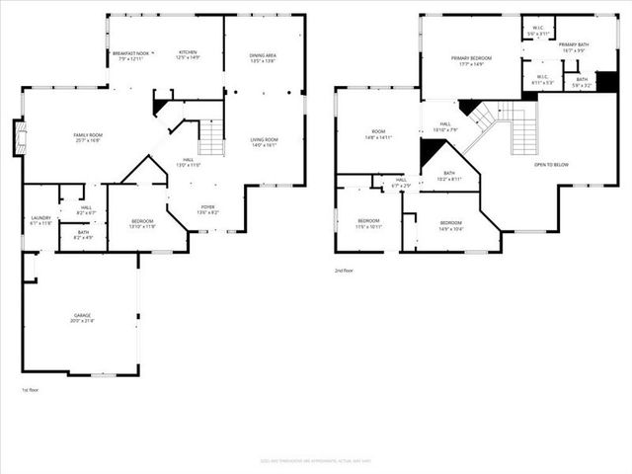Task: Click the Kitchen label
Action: click(188, 55)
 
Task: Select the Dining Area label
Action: click(263, 55)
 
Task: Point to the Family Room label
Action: click(89, 137)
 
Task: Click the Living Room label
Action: click(264, 142)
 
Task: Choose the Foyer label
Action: click(205, 209)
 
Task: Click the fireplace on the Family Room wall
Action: click(17, 137)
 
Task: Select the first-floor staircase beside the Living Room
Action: click(211, 138)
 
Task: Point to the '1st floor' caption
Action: click(30, 390)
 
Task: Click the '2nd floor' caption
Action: click(343, 270)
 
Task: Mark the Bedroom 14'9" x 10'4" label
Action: click(450, 225)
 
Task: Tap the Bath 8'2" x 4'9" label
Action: click(82, 236)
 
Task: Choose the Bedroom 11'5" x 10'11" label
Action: click(368, 222)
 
